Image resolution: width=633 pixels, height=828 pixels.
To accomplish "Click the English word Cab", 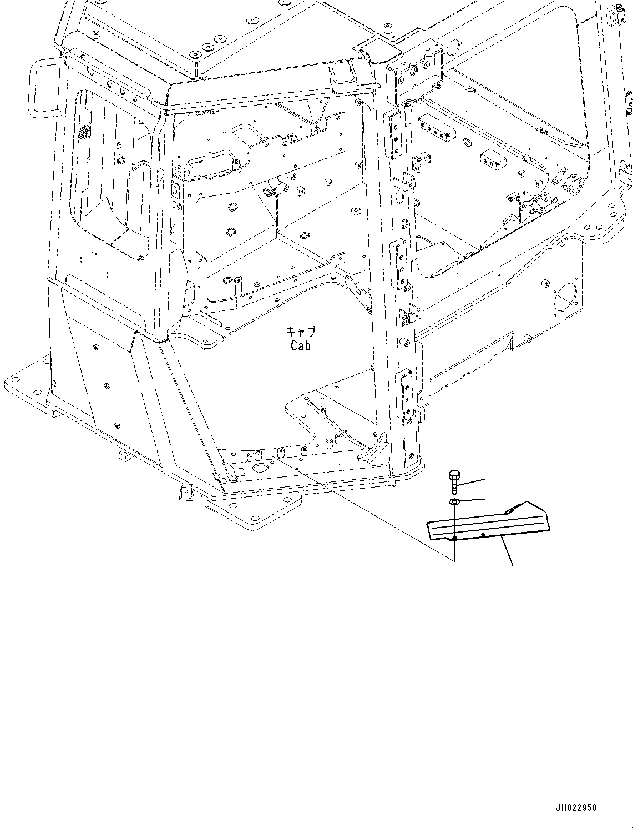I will (x=300, y=345).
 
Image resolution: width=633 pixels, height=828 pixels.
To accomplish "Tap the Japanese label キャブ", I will (x=300, y=332).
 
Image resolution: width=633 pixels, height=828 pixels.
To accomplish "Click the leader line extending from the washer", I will (x=473, y=500).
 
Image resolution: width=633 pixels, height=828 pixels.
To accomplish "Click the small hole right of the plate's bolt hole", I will (x=484, y=534).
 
